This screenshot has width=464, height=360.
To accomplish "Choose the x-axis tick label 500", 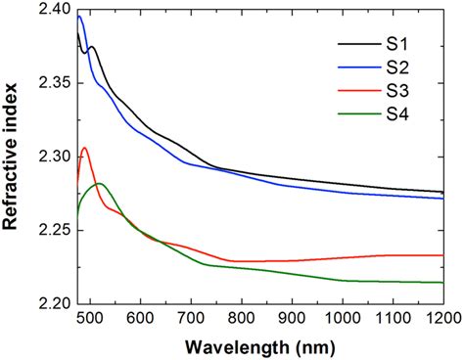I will [x=89, y=318].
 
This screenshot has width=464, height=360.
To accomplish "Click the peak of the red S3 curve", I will [x=85, y=148].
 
